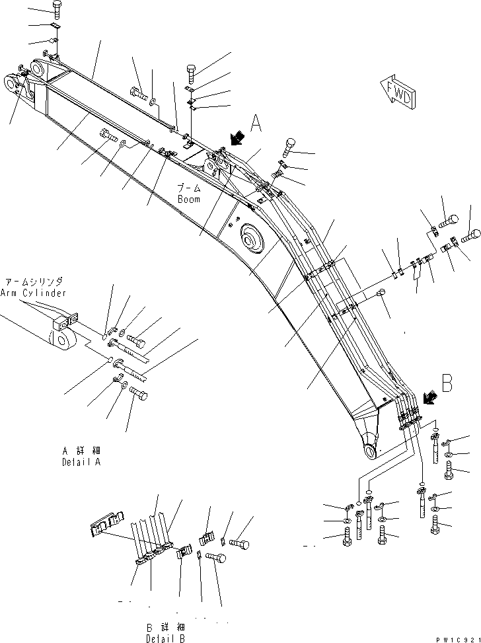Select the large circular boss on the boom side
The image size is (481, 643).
(251, 239)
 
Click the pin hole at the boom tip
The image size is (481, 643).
(369, 450)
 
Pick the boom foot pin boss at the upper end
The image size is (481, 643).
(13, 82)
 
